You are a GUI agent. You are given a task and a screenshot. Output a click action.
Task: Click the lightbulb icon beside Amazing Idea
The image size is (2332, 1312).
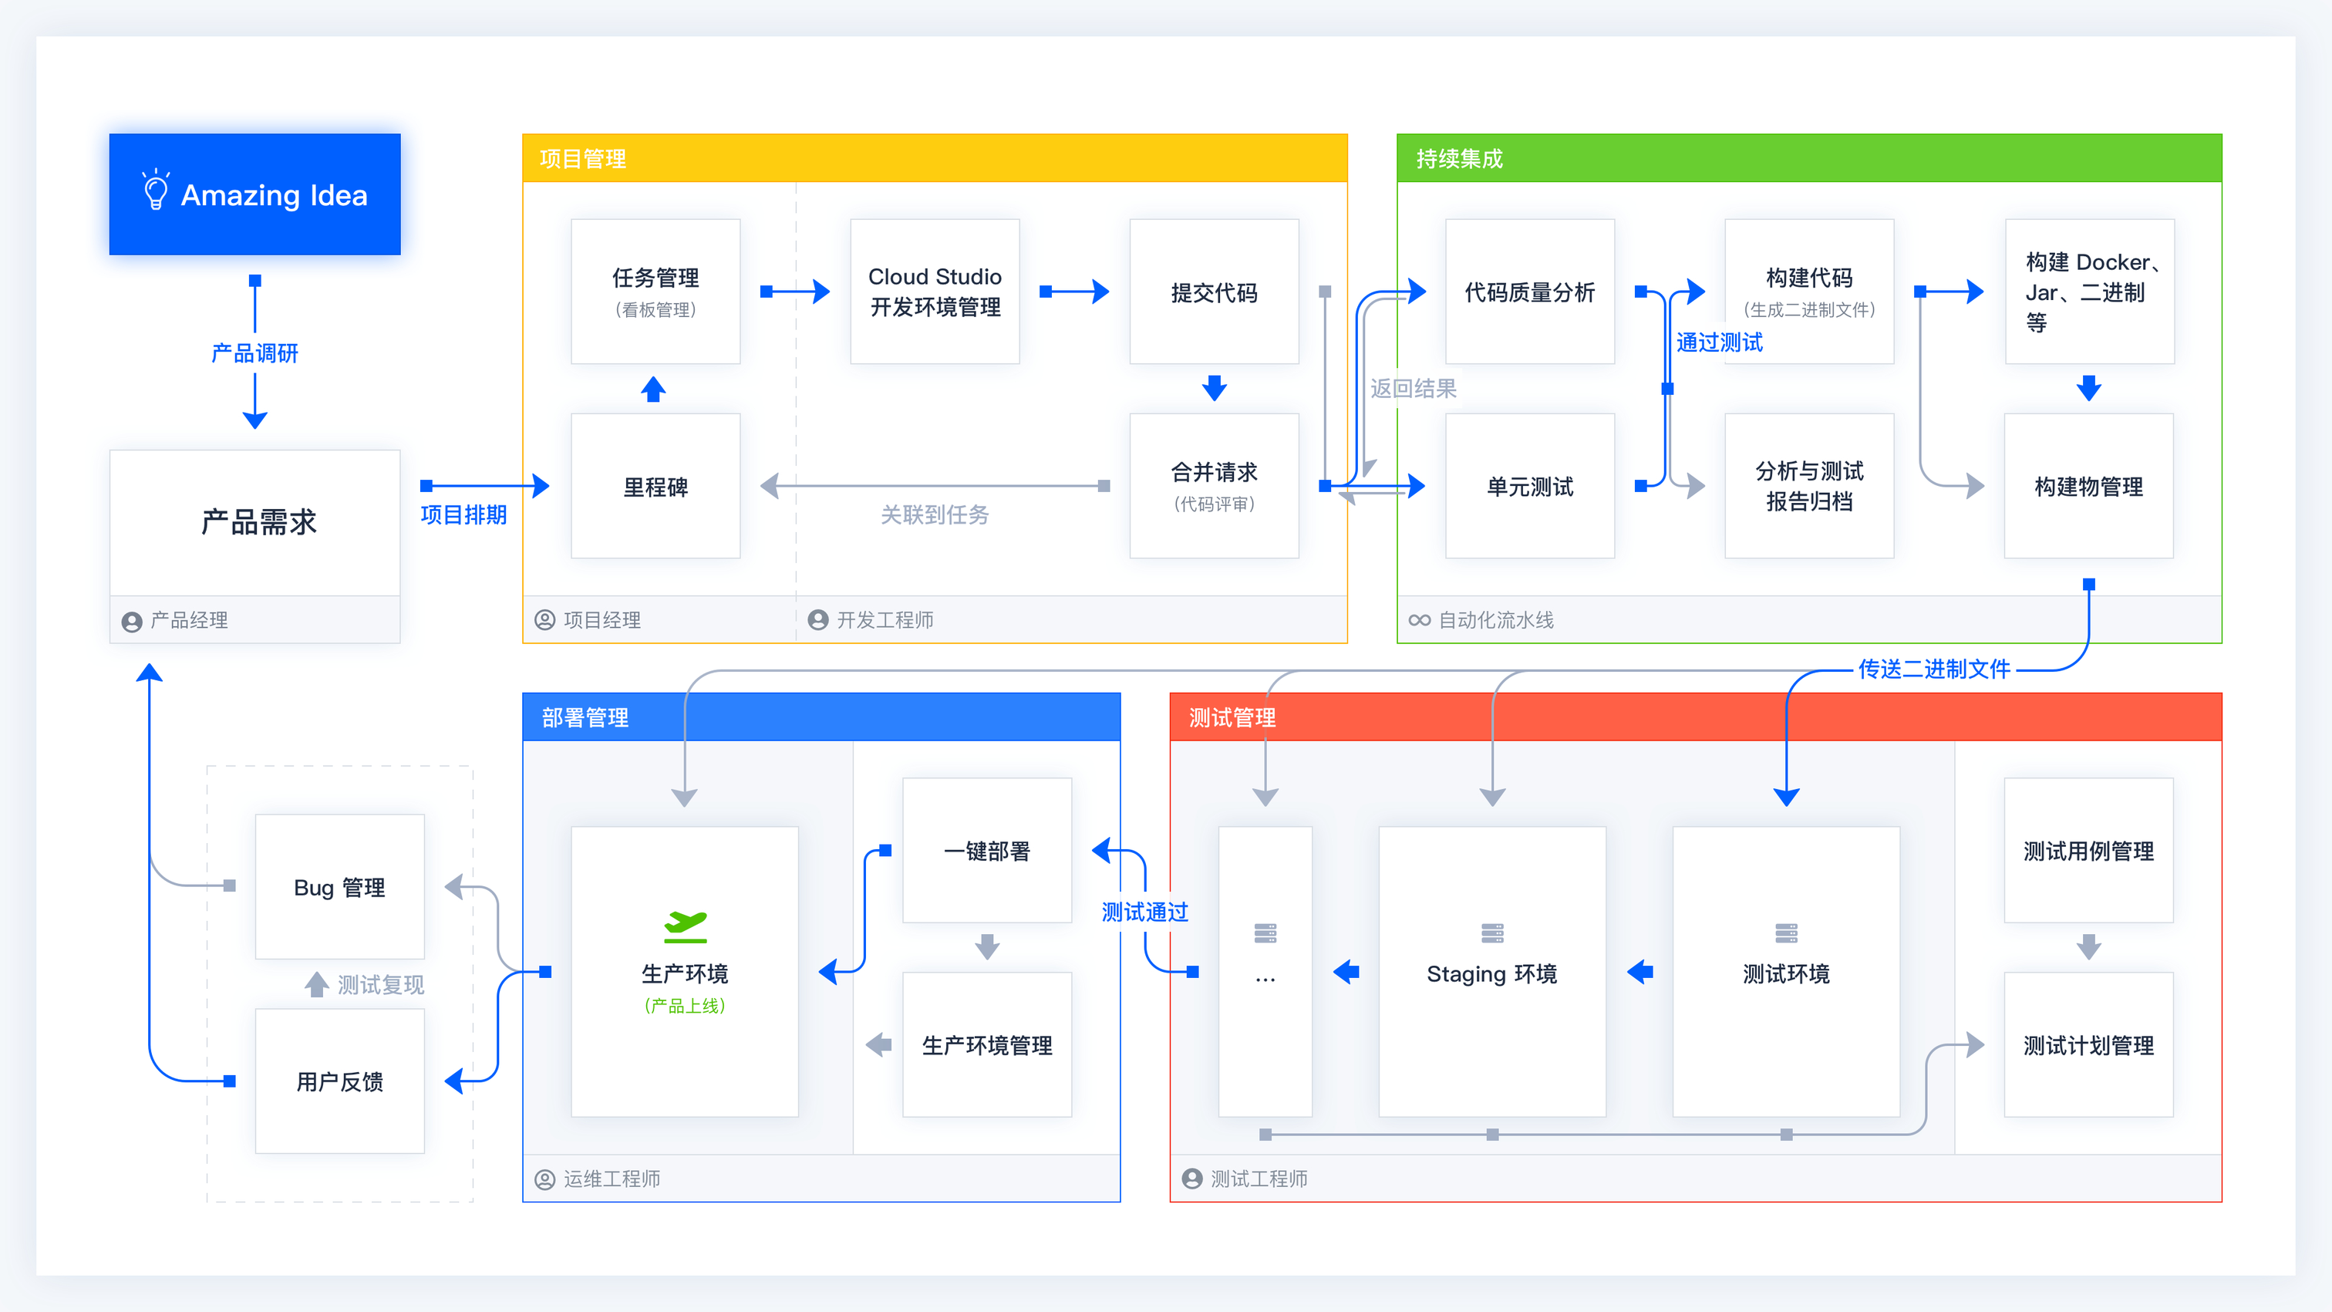pos(156,191)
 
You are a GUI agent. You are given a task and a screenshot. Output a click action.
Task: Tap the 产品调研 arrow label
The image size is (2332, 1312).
pos(254,353)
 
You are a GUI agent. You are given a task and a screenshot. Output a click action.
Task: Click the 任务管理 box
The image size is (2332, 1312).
pos(655,291)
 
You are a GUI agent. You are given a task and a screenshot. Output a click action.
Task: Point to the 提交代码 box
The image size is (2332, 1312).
pos(1214,291)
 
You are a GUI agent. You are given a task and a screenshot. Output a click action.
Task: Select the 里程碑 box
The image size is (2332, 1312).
pos(655,486)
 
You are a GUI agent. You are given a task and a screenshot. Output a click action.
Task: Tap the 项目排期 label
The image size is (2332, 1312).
pos(463,514)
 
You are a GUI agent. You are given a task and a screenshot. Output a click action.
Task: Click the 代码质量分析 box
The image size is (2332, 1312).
pos(1530,291)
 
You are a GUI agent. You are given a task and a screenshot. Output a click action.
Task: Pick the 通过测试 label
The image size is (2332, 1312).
pos(1719,342)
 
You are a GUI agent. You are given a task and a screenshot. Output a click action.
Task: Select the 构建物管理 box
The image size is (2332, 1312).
pos(2088,486)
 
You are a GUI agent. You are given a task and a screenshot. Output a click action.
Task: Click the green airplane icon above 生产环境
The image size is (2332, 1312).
pos(686,923)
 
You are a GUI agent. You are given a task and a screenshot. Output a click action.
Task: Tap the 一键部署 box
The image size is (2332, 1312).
pos(987,850)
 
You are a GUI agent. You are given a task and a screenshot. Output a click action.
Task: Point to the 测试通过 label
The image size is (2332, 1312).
pos(1144,912)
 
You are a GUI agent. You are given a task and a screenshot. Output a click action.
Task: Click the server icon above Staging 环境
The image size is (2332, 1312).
pos(1492,933)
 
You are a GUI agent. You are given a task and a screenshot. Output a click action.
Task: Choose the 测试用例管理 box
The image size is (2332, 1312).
pos(2088,850)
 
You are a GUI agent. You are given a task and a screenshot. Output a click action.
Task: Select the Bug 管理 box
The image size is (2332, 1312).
pos(339,886)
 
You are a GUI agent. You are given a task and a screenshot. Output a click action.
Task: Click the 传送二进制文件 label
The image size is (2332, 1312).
pos(1933,669)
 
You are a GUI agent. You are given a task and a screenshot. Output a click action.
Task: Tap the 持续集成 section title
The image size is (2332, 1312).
pos(1459,160)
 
